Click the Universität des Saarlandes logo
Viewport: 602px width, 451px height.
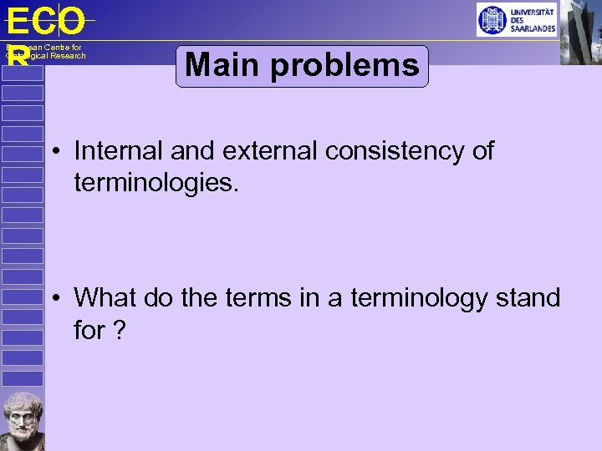point(515,19)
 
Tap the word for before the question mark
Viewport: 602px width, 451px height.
point(89,330)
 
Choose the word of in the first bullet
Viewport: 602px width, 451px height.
point(482,151)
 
